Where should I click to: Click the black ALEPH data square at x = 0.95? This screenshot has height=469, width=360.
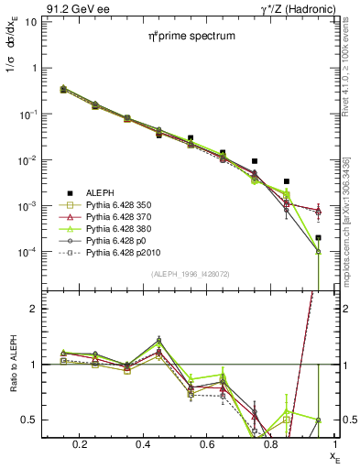pyautogui.click(x=318, y=238)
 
